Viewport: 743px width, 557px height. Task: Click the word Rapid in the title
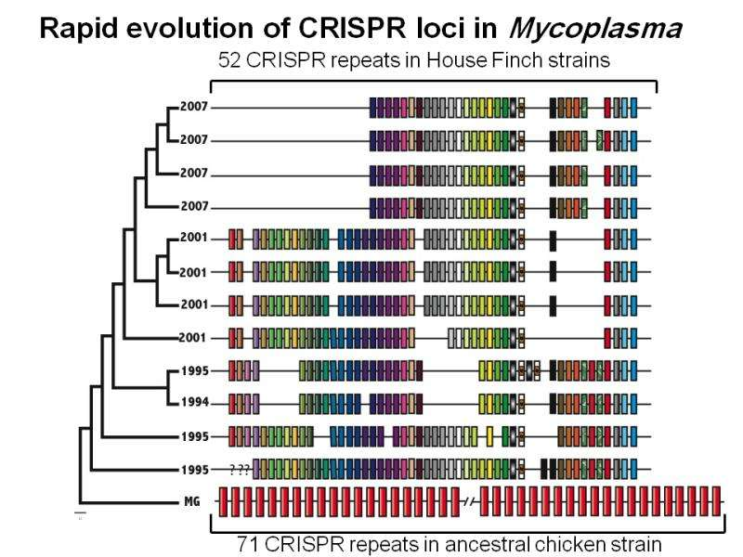[77, 30]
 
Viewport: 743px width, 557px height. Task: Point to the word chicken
[570, 543]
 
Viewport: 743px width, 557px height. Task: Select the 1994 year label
[195, 403]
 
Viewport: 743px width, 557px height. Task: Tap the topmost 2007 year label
[195, 106]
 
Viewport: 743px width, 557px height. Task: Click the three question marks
[239, 469]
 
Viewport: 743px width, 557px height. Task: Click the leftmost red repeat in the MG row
[224, 502]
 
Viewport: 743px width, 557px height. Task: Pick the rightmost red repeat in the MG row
[716, 502]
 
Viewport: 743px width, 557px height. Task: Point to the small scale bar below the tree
[80, 512]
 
